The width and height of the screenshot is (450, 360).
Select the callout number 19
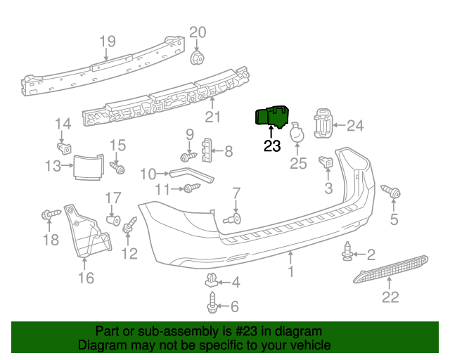pyautogui.click(x=107, y=41)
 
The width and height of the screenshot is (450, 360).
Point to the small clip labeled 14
pyautogui.click(x=63, y=148)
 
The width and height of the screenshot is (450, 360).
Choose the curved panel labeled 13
pyautogui.click(x=89, y=166)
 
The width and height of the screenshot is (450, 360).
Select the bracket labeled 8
pyautogui.click(x=207, y=150)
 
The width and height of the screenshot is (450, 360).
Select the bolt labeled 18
pyautogui.click(x=50, y=214)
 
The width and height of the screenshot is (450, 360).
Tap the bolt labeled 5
pyautogui.click(x=391, y=191)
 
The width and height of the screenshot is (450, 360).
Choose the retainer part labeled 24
pyautogui.click(x=322, y=125)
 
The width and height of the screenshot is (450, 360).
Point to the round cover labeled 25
pyautogui.click(x=298, y=133)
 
